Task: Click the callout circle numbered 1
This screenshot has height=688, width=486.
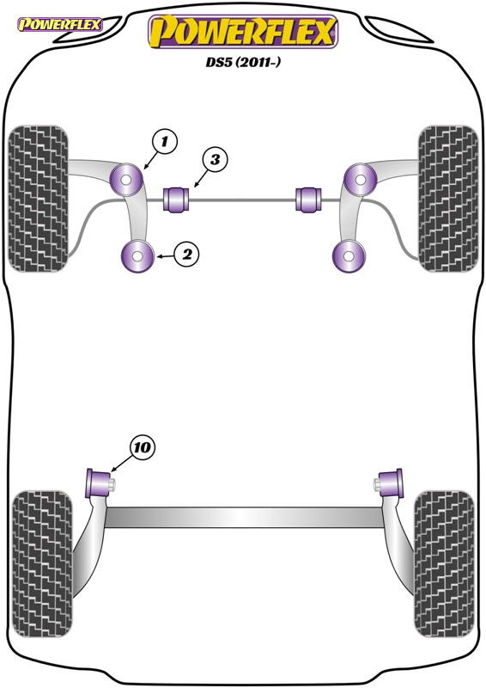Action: coord(165,142)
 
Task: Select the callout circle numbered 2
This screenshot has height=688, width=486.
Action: coord(186,254)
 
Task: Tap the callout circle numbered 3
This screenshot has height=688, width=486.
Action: coord(215,159)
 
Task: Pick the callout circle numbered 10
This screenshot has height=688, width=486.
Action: coord(143,447)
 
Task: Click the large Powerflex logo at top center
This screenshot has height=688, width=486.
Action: coord(243,32)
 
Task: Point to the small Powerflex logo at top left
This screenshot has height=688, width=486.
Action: coord(60,24)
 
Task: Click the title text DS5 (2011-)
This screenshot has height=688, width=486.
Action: coord(243,62)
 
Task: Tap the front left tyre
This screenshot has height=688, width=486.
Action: coord(38,199)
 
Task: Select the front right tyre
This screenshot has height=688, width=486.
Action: coord(448,199)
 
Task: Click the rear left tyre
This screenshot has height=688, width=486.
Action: coord(42,564)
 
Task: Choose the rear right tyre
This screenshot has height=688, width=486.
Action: coord(444,564)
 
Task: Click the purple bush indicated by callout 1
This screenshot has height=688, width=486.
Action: coord(125,180)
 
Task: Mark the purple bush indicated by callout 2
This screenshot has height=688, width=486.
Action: coord(137,255)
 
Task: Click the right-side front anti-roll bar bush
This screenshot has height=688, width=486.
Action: coord(309,199)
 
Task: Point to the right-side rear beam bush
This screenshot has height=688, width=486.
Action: coord(389,482)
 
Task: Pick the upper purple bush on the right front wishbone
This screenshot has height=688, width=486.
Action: coord(361,180)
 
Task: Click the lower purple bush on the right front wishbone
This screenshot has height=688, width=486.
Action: coord(349,255)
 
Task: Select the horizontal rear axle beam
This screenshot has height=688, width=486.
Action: coord(244,518)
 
